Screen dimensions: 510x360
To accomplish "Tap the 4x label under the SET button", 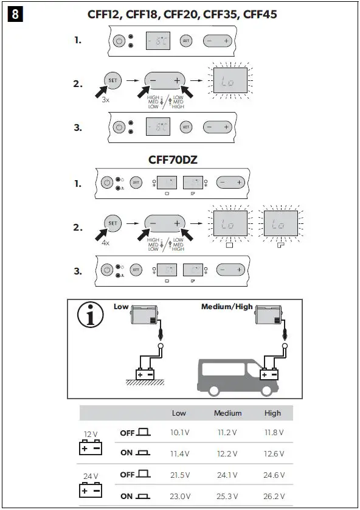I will pyautogui.click(x=106, y=242).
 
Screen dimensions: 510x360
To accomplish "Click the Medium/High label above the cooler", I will pyautogui.click(x=227, y=307).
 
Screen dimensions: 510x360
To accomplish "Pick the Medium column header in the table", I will pyautogui.click(x=227, y=413).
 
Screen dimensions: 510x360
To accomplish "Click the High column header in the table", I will pyautogui.click(x=272, y=413).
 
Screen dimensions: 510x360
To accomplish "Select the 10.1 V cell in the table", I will pyautogui.click(x=180, y=433).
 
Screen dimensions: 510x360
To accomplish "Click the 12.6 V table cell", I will pyautogui.click(x=272, y=454).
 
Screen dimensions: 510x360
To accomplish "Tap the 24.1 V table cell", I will pyautogui.click(x=227, y=475).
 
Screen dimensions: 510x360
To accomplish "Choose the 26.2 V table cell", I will pyautogui.click(x=272, y=496).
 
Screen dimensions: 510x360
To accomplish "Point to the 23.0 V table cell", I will pyautogui.click(x=180, y=496).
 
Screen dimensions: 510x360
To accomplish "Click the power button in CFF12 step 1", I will pyautogui.click(x=119, y=41).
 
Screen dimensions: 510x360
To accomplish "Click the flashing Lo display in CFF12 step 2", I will pyautogui.click(x=230, y=80).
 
